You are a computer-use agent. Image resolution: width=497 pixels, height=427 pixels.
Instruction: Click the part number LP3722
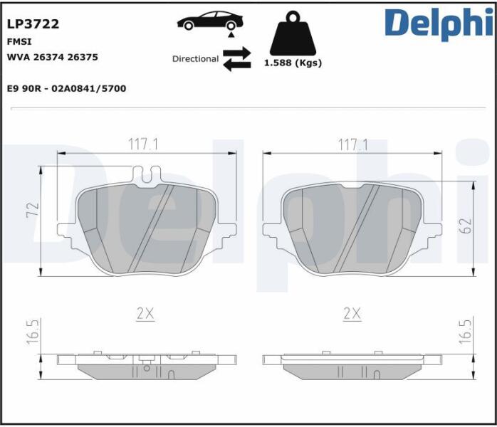pyautogui.click(x=33, y=24)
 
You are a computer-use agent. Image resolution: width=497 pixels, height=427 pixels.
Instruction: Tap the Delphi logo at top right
pyautogui.click(x=439, y=23)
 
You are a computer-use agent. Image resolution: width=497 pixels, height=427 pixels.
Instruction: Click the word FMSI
pyautogui.click(x=19, y=42)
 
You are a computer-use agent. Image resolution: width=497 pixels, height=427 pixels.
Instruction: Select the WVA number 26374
pyautogui.click(x=49, y=58)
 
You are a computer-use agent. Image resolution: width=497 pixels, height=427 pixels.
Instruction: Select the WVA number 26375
pyautogui.click(x=83, y=58)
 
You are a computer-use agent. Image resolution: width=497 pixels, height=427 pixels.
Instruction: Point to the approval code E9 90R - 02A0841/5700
pyautogui.click(x=66, y=88)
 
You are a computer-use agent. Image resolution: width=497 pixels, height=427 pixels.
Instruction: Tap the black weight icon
pyautogui.click(x=293, y=33)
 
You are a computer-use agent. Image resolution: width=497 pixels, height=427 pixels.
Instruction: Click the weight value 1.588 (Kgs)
pyautogui.click(x=293, y=63)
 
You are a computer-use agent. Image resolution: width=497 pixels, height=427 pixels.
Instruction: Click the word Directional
pyautogui.click(x=195, y=59)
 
